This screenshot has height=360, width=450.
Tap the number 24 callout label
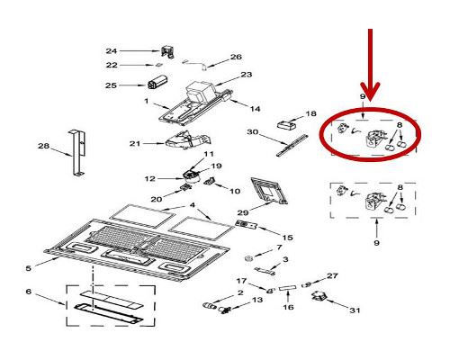137,50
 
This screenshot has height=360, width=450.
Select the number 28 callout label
42,146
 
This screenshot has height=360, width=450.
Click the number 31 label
355,311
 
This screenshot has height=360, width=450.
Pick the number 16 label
289,306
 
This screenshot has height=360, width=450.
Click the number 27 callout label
332,275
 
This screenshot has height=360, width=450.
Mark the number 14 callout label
256,109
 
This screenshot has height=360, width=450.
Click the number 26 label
237,56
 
